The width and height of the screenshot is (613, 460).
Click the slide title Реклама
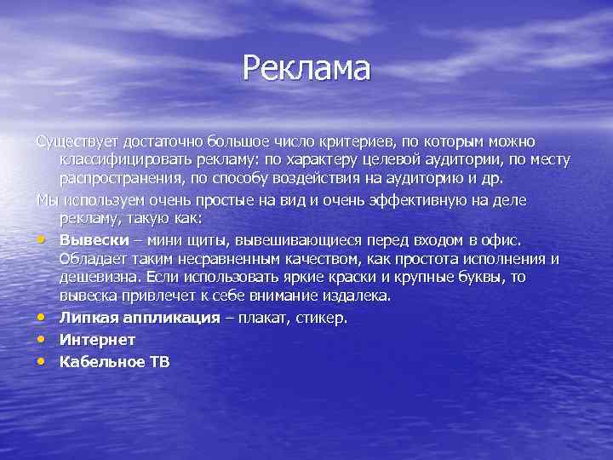click(x=306, y=68)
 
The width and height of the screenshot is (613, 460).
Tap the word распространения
click(x=117, y=177)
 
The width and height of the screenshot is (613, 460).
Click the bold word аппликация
click(x=162, y=318)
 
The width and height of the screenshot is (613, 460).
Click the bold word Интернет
click(x=98, y=339)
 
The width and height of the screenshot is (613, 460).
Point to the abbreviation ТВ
click(x=160, y=361)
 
